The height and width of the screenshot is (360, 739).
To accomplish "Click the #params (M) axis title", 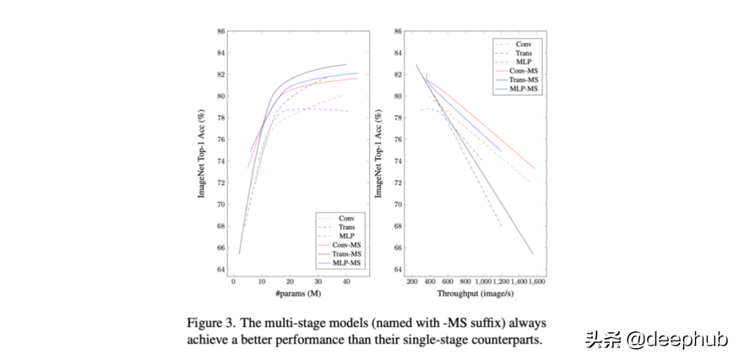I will pos(298,292).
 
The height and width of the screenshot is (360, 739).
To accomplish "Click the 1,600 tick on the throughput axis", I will pos(535,281).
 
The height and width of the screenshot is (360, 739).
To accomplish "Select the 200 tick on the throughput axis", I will pos(412,281).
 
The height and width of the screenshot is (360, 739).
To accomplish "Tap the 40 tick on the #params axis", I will pos(346,281).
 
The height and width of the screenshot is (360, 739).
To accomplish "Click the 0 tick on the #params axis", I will pos(234,281).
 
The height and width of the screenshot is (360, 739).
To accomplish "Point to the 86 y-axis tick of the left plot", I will pos(220,31).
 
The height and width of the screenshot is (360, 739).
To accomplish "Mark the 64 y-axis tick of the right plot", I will pos(397,270).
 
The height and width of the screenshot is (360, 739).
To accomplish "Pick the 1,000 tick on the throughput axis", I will pos(485,281).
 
